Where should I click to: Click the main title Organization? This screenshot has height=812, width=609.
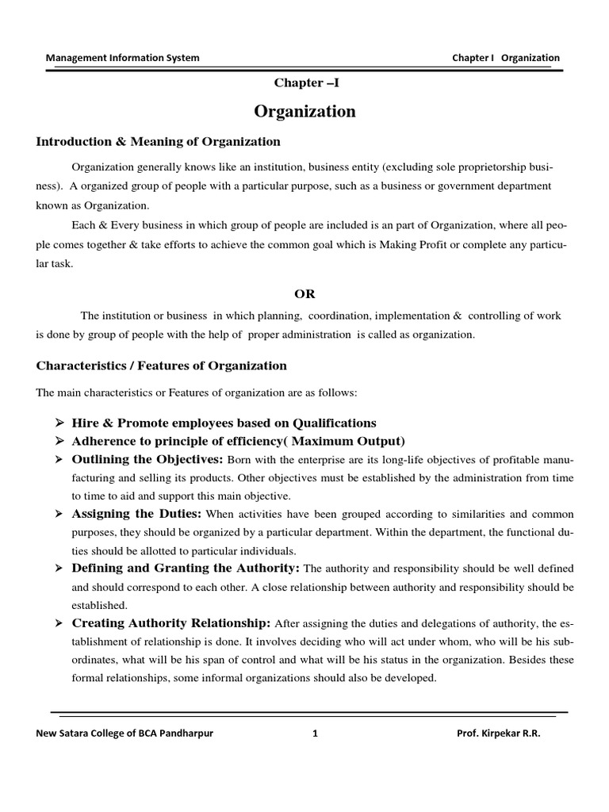point(304,112)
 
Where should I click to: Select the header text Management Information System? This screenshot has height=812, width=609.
point(123,58)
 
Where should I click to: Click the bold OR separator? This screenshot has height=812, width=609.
point(304,293)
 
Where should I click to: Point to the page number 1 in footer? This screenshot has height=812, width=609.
point(316,733)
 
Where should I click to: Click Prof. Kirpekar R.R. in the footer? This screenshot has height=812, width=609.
point(499,733)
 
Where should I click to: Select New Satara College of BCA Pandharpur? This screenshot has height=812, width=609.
point(124,733)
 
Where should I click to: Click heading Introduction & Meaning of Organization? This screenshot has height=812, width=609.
point(159,142)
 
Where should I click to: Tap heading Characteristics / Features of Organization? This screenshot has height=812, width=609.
point(162,366)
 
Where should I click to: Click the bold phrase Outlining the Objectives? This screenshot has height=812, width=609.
point(147,460)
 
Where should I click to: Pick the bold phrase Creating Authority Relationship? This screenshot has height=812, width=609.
point(171,622)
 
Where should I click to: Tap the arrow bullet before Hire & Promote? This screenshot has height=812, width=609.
point(59,423)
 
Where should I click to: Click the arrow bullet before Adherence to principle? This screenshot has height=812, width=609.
point(59,442)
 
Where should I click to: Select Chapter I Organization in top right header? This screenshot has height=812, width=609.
point(505,58)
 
